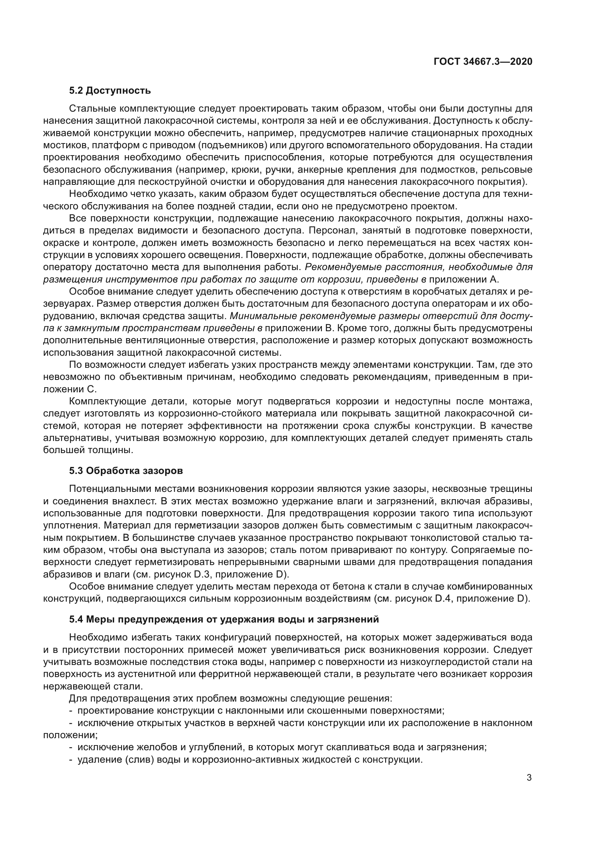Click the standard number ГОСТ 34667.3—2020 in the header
point(483,61)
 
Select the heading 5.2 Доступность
point(110,90)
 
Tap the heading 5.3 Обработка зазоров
point(126,471)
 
